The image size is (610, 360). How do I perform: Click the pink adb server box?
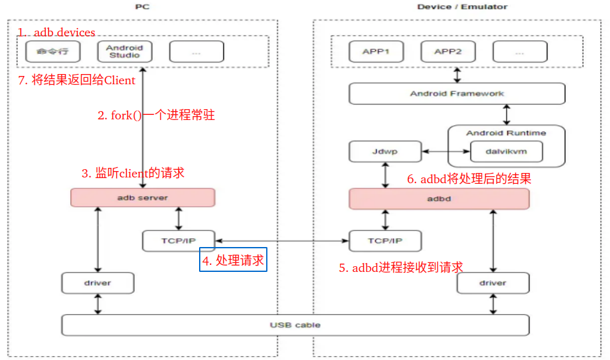[142, 198]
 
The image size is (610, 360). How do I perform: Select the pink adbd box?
[439, 199]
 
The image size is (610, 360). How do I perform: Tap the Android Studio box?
[124, 51]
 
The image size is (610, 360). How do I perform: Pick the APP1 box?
[376, 52]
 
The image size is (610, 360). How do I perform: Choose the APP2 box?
[448, 52]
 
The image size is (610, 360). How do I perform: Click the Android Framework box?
[457, 94]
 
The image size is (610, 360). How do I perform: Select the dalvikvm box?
[506, 152]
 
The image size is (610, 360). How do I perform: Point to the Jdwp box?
[385, 152]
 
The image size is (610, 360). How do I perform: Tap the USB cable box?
[295, 325]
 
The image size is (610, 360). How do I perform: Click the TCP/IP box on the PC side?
[179, 241]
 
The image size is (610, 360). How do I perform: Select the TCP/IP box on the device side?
[385, 241]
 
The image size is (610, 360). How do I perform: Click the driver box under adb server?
[98, 283]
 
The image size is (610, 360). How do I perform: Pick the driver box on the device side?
[493, 283]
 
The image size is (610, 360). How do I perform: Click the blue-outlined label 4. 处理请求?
[233, 260]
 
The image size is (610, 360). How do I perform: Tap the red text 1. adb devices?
[56, 33]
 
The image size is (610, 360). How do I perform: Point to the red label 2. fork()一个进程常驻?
[156, 116]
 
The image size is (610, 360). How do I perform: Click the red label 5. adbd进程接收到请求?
[401, 267]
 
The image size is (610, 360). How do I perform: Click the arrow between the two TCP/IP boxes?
[282, 241]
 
